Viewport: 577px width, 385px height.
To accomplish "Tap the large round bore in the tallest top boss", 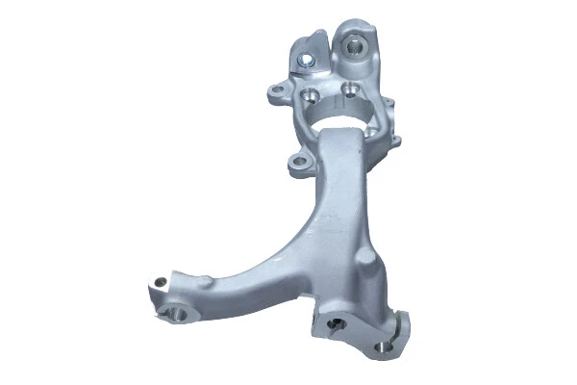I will click(x=356, y=43).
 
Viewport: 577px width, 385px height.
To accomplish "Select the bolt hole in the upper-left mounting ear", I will click(x=279, y=91).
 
